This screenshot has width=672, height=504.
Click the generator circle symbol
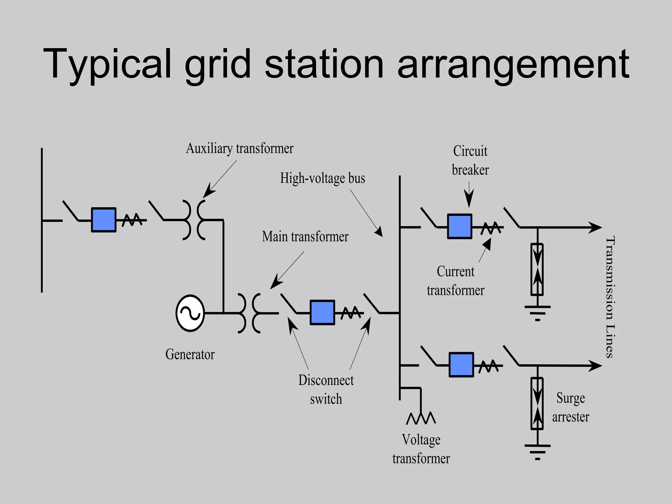pyautogui.click(x=190, y=313)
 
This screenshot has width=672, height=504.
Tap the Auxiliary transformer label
pyautogui.click(x=240, y=149)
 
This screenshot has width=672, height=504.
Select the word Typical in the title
pyautogui.click(x=107, y=64)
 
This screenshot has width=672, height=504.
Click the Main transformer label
pyautogui.click(x=305, y=237)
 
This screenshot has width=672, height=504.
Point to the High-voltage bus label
pyautogui.click(x=323, y=178)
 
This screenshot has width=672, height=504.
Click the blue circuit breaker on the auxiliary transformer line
pyautogui.click(x=104, y=220)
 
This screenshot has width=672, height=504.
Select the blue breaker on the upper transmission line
pyautogui.click(x=460, y=226)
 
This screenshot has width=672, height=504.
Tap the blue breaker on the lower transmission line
pyautogui.click(x=461, y=365)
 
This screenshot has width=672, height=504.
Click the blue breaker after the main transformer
pyautogui.click(x=322, y=312)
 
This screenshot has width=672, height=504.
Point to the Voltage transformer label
pyautogui.click(x=421, y=449)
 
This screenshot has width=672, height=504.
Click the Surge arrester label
pyautogui.click(x=571, y=407)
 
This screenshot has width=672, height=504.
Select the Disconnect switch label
pyautogui.click(x=326, y=389)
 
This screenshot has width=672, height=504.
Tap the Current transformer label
pyautogui.click(x=455, y=281)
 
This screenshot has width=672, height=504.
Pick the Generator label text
pyautogui.click(x=190, y=354)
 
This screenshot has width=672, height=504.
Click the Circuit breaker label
pyautogui.click(x=470, y=160)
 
